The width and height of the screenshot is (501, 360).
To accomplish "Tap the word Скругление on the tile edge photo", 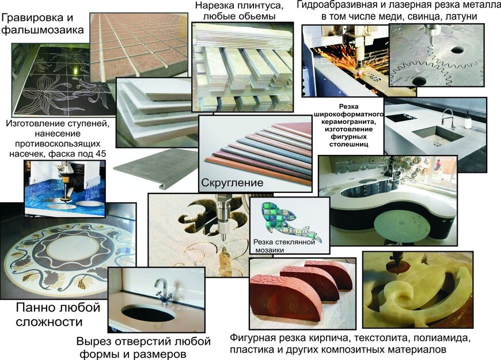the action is pyautogui.click(x=232, y=183).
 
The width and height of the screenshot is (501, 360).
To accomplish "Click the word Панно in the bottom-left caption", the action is pyautogui.click(x=35, y=308).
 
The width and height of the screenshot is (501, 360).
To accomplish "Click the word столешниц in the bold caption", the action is pyautogui.click(x=349, y=144).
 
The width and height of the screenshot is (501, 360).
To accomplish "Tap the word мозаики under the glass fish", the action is pyautogui.click(x=270, y=250).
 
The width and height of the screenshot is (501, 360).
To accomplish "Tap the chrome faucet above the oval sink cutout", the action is pyautogui.click(x=162, y=289).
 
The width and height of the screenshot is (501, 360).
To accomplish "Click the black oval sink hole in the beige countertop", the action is pyautogui.click(x=149, y=313).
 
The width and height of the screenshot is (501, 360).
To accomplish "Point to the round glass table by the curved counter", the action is pyautogui.click(x=401, y=226).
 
